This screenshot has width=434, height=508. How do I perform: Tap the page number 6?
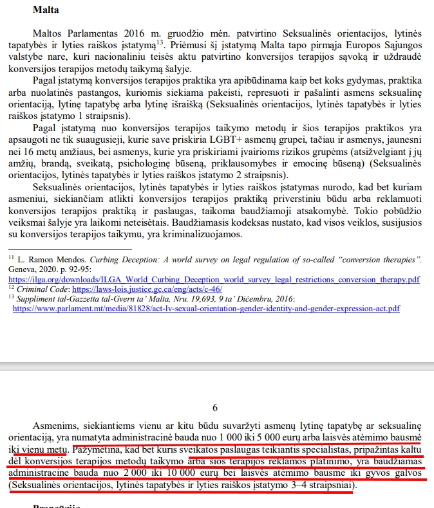(214, 407)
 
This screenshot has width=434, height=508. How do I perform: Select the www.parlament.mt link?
(206, 309)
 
